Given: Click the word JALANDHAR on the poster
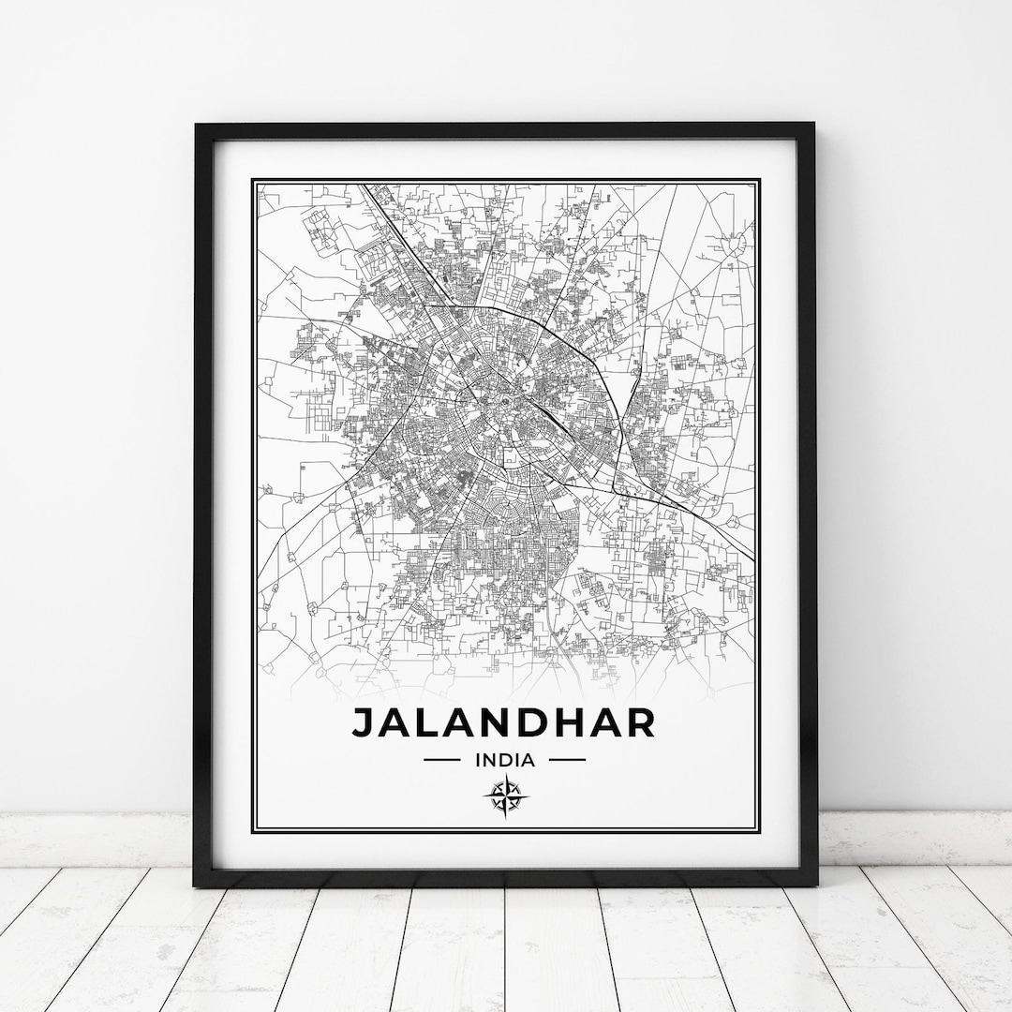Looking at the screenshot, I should coord(503,722).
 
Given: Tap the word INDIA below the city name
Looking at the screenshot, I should coord(504,760).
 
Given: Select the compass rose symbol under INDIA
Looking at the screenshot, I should coord(504,797).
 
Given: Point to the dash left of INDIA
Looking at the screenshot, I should coord(441,760).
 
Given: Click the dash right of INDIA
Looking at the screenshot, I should coord(566,760).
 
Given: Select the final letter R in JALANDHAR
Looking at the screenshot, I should coord(641,722).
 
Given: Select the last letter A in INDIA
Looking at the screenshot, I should coord(529,760).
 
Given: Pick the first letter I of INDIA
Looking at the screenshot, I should coord(479,760).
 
